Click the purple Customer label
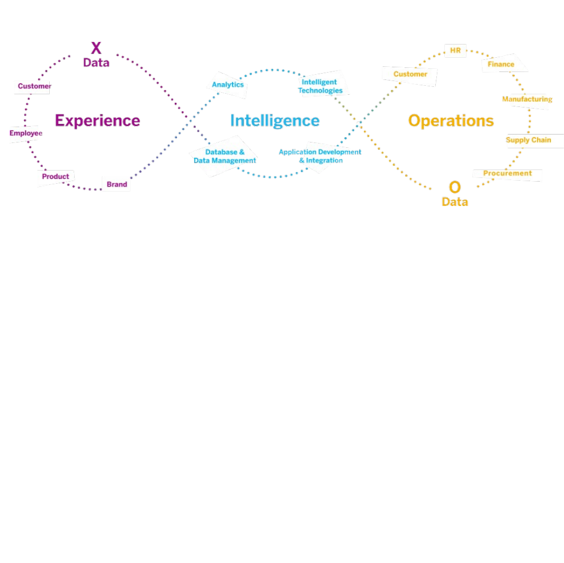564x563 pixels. (34, 86)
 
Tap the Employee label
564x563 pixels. (25, 133)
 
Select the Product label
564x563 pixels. (56, 176)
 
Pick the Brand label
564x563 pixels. (117, 184)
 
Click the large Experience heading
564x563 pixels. (97, 121)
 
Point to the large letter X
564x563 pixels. (96, 49)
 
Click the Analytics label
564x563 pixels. (228, 85)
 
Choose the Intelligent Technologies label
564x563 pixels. (320, 86)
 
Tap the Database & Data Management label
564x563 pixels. (225, 156)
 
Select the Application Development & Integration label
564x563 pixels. (320, 156)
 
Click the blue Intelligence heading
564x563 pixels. (275, 121)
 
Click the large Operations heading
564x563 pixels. (451, 121)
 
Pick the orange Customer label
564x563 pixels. (410, 74)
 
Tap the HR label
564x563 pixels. (455, 51)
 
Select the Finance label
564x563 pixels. (501, 64)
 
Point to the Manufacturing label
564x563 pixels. (527, 99)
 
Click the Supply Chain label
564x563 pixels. (528, 140)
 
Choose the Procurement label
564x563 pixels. (507, 173)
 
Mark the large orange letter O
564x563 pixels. (454, 187)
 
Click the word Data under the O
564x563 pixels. (454, 202)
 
